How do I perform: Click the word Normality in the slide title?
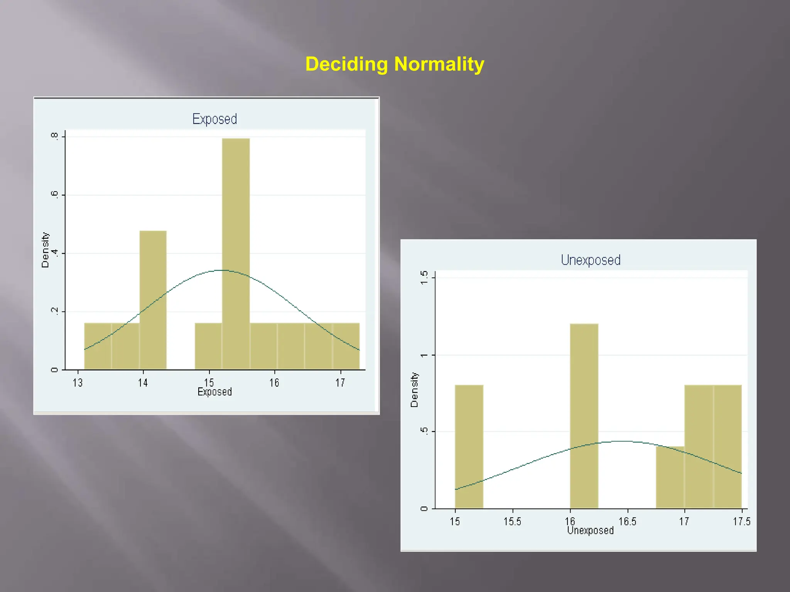point(439,64)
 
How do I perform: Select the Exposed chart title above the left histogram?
point(214,119)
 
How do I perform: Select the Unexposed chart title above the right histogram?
point(591,260)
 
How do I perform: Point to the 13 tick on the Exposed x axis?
point(78,383)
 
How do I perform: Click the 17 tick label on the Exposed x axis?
point(340,383)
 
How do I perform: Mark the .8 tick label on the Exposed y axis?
point(54,136)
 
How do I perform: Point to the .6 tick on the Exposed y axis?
point(54,195)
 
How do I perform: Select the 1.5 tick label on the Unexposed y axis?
point(424,277)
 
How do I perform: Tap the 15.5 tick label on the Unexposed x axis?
point(512,521)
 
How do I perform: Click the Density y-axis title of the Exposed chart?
point(46,250)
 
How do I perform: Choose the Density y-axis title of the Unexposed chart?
point(414,390)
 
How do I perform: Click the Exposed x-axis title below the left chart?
point(214,392)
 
